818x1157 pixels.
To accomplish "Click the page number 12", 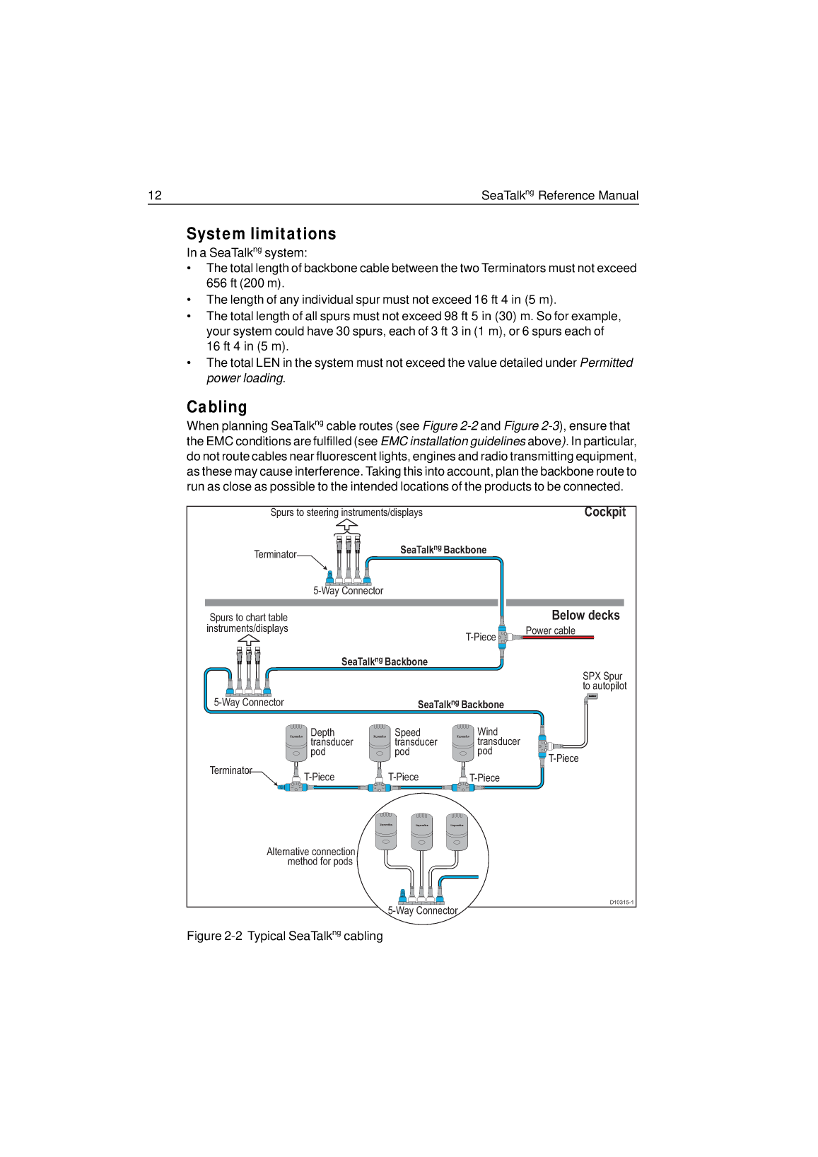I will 155,196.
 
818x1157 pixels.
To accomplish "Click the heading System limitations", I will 261,234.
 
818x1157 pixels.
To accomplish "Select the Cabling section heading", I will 216,407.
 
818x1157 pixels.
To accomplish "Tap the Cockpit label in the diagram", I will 604,512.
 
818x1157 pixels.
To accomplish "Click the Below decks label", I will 585,616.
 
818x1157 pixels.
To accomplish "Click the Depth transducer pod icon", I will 296,742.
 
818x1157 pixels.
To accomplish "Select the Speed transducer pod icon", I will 380,742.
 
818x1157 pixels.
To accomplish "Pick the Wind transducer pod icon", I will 463,742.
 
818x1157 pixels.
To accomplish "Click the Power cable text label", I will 550,630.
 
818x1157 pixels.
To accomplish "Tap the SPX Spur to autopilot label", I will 604,681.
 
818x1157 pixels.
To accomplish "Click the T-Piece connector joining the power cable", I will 502,637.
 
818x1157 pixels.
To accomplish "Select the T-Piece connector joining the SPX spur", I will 542,746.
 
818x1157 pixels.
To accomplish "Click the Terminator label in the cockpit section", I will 275,555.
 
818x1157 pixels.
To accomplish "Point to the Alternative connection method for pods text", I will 311,857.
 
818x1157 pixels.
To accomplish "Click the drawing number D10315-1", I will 621,903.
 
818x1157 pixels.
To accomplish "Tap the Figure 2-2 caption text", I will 285,936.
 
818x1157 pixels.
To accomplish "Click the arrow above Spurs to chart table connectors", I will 248,638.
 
